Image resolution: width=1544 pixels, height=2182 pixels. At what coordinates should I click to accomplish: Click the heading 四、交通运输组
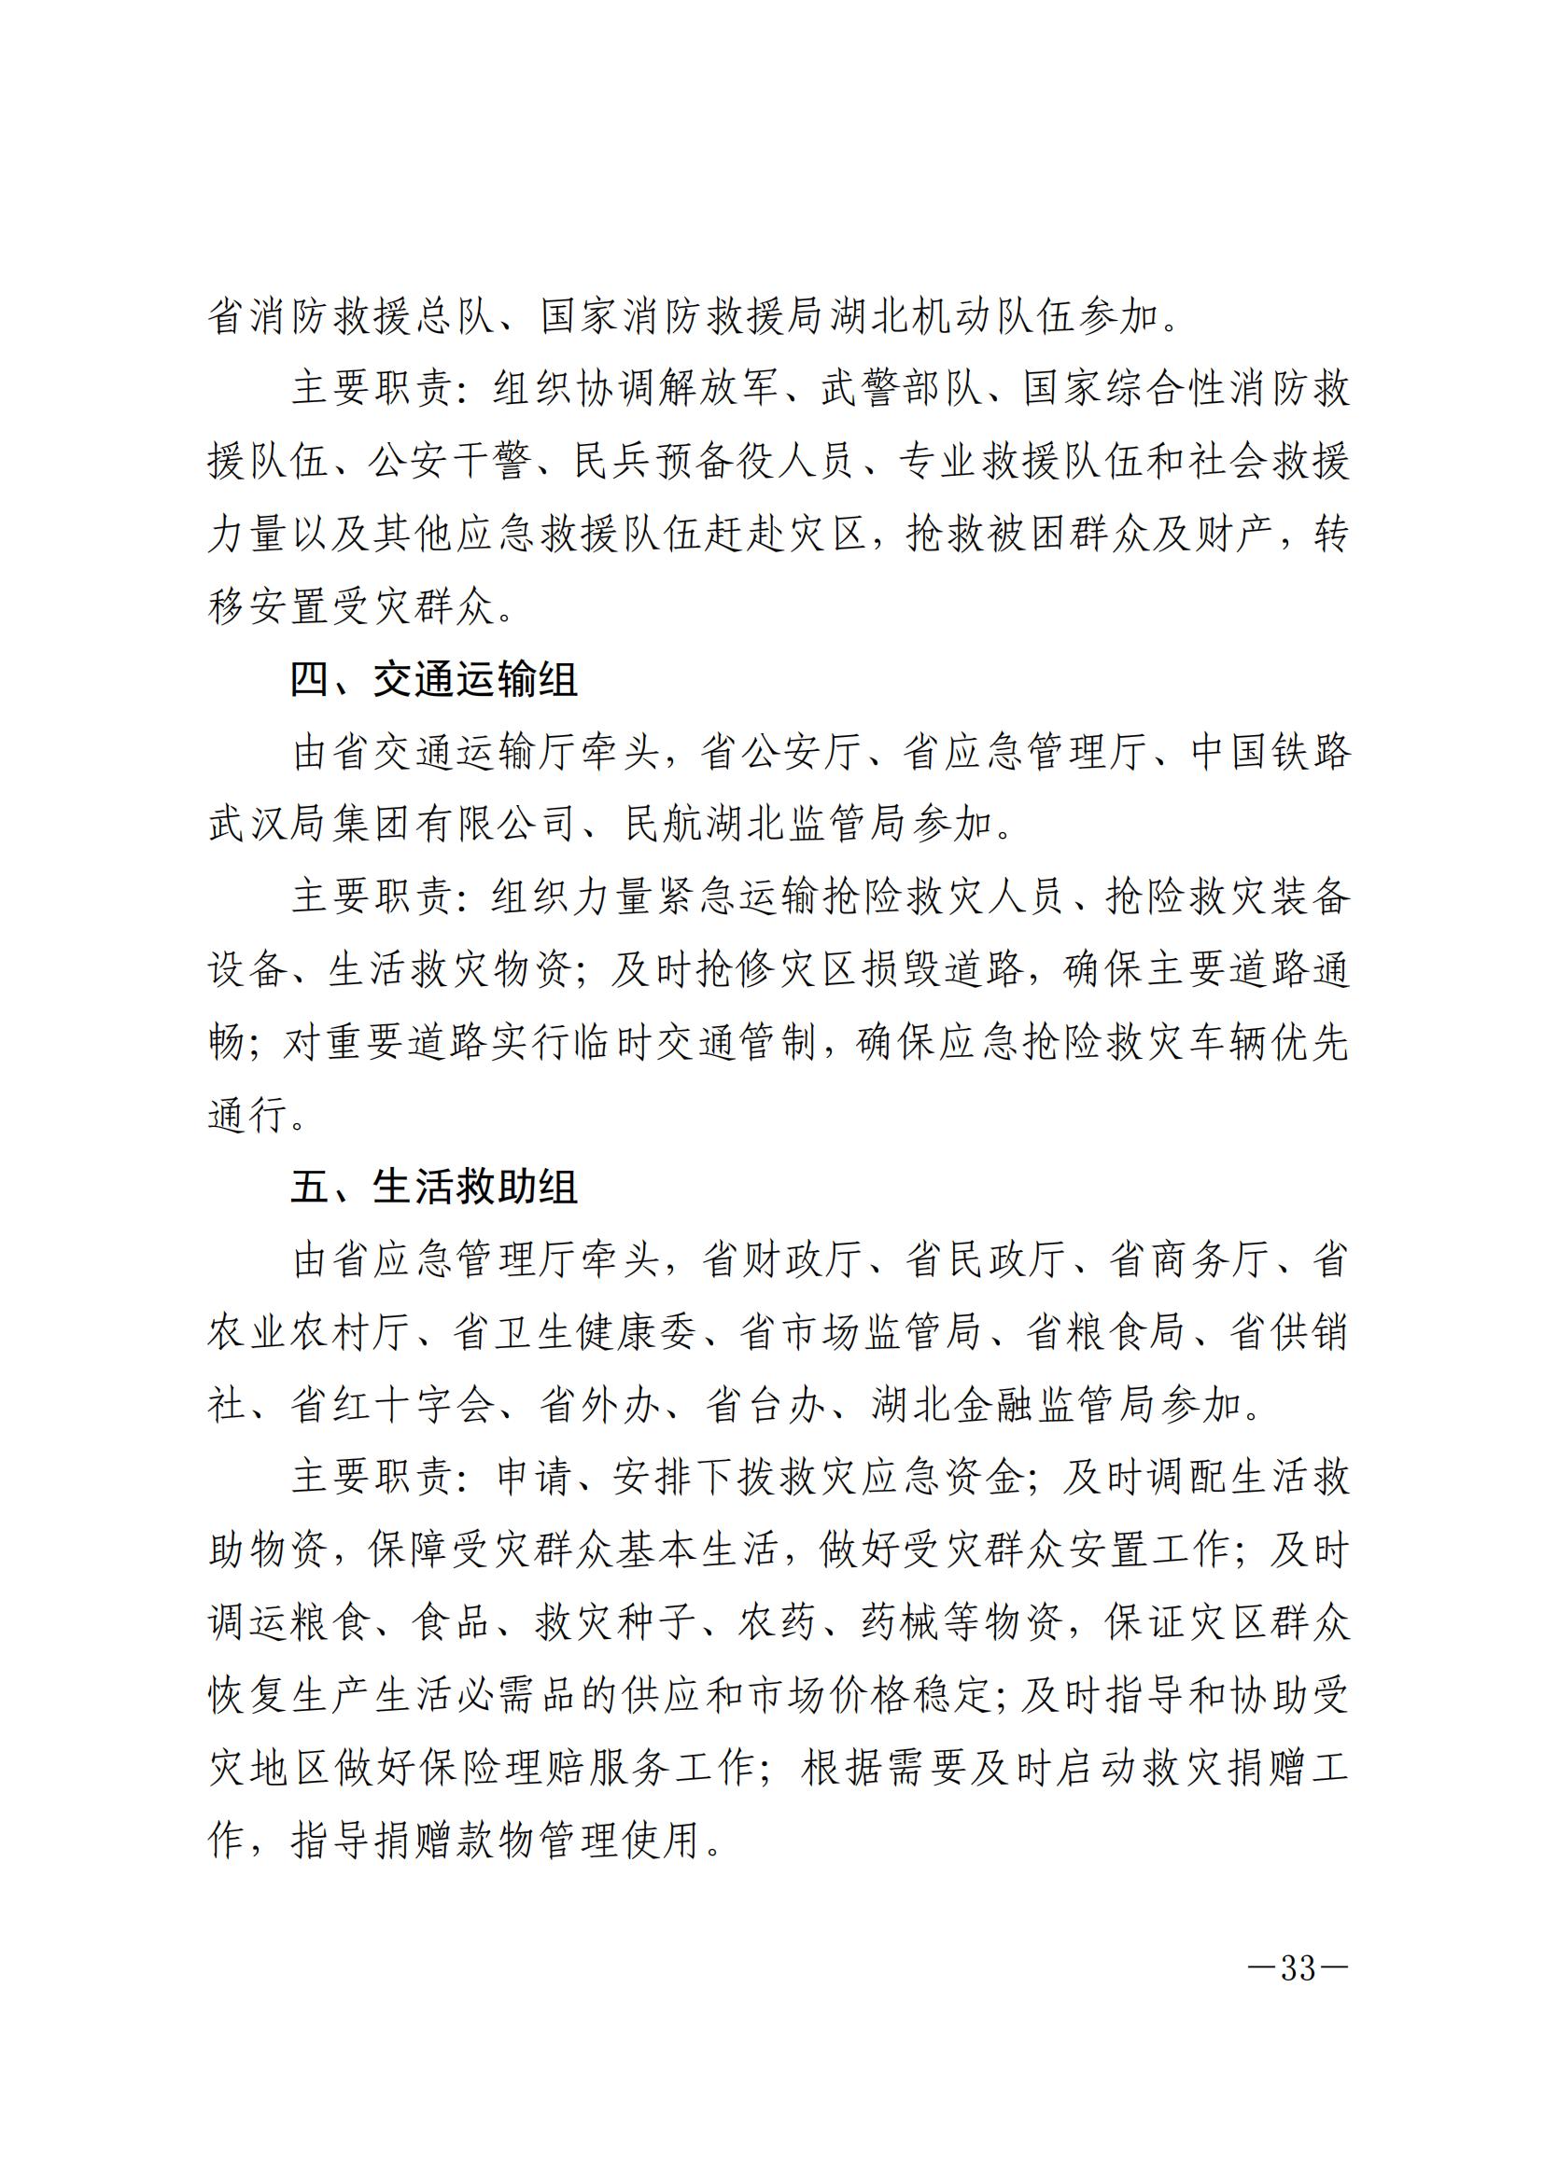coord(433,680)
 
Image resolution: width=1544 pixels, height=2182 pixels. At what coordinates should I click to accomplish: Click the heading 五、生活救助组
coord(433,1188)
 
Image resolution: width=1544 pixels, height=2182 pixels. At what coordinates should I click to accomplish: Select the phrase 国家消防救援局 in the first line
coord(683,315)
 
